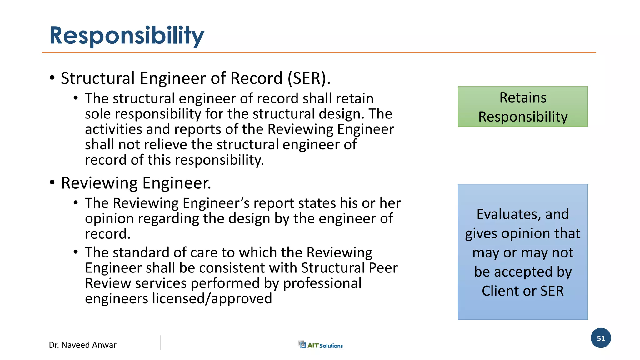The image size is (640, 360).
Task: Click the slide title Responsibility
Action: (x=127, y=36)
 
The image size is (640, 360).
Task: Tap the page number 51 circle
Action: (x=601, y=338)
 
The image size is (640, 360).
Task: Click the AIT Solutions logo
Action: (x=321, y=345)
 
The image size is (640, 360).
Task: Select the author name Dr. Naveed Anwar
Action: (x=82, y=345)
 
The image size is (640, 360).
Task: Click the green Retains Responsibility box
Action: (x=522, y=107)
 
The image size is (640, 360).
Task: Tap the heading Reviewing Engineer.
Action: (x=136, y=183)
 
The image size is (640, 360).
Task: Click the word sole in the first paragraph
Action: (x=96, y=114)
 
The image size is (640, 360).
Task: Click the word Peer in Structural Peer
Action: (x=383, y=268)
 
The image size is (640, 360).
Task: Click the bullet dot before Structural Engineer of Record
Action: (x=52, y=77)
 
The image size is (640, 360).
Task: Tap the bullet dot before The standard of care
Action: (x=76, y=252)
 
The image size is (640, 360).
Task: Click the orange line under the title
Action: (x=319, y=52)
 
